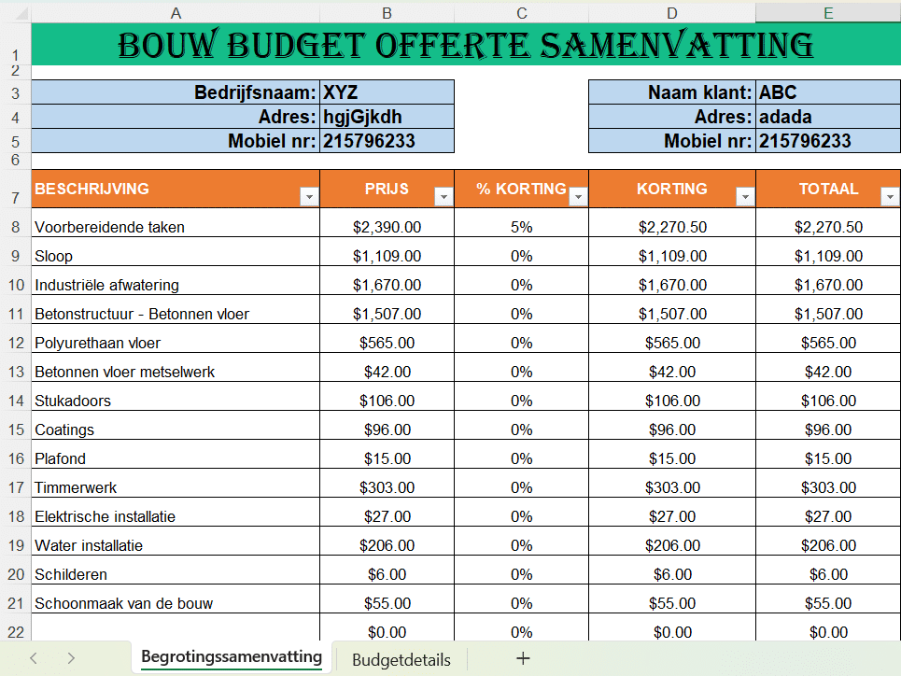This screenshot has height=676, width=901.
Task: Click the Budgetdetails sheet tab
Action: click(401, 660)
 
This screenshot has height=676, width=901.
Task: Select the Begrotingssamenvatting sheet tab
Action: click(232, 657)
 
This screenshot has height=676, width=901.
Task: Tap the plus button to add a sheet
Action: click(523, 658)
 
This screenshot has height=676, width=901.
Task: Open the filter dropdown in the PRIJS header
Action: click(443, 196)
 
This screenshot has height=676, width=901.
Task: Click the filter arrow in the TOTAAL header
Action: click(890, 196)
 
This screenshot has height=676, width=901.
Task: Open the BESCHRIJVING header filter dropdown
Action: click(309, 196)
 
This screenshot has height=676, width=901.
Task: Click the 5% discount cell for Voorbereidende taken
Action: click(521, 227)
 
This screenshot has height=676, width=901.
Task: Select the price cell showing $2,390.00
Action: click(387, 227)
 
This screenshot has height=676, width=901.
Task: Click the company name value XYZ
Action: click(341, 92)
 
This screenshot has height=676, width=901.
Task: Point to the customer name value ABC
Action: click(778, 92)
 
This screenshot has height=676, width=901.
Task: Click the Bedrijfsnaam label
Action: click(255, 92)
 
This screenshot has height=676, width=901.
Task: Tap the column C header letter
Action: click(521, 13)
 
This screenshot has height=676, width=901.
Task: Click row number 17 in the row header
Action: click(15, 487)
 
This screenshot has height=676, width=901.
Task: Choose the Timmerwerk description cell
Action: click(76, 487)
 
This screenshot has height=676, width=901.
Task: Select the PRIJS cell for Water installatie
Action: click(387, 545)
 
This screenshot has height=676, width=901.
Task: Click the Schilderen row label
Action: click(71, 574)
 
